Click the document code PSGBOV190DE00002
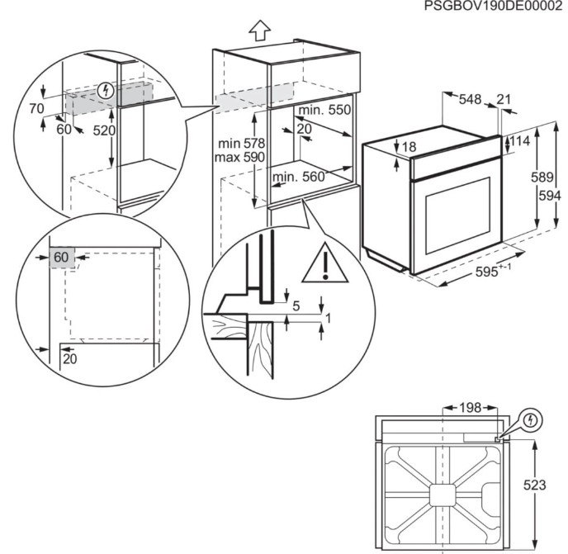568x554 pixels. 493,7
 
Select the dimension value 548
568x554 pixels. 470,100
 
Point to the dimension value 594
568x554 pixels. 550,196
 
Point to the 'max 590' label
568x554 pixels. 237,157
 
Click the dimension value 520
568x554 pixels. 103,130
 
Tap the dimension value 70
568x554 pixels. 36,107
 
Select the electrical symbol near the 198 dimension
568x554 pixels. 531,420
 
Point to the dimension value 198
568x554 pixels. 469,408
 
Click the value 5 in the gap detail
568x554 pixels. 296,305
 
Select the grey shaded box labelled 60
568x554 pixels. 62,258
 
